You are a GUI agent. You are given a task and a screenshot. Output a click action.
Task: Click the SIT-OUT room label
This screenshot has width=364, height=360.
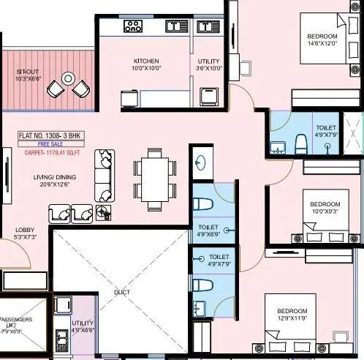tap(29, 75)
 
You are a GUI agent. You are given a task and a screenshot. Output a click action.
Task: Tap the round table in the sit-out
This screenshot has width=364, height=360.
tap(68, 78)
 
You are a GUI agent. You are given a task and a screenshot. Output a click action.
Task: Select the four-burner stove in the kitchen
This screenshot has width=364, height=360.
tap(133, 27)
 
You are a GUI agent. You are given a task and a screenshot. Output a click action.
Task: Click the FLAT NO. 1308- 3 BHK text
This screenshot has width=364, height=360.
tap(48, 136)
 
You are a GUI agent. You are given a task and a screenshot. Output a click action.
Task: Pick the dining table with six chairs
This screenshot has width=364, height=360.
tap(154, 177)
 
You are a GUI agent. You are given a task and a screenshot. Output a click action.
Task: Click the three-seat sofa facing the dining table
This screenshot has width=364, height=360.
tap(105, 176)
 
